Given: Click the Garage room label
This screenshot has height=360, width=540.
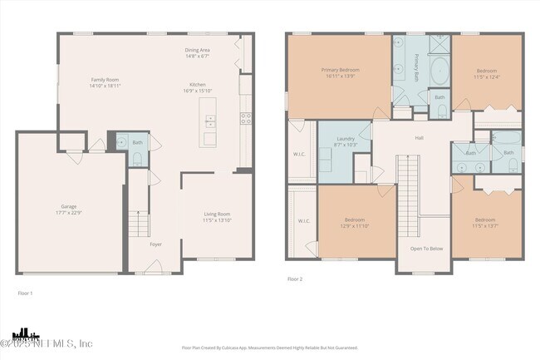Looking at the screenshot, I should (x=68, y=205).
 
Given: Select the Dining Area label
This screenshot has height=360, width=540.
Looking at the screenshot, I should (x=197, y=50).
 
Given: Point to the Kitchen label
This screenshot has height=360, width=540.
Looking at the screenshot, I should (x=197, y=85).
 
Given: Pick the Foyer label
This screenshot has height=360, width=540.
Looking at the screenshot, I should (x=155, y=244).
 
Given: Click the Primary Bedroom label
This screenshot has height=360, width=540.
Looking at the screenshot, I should (x=340, y=70).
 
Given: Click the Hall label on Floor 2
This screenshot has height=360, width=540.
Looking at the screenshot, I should (x=420, y=138).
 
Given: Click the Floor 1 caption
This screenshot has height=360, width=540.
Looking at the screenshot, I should (x=26, y=293).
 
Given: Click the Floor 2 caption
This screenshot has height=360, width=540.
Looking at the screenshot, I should (x=295, y=279).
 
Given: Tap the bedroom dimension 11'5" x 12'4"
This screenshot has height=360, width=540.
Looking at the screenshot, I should (x=486, y=76).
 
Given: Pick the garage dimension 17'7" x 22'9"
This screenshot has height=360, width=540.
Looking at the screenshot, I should (x=68, y=211).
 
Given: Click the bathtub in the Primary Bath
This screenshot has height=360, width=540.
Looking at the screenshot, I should (x=438, y=72).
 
